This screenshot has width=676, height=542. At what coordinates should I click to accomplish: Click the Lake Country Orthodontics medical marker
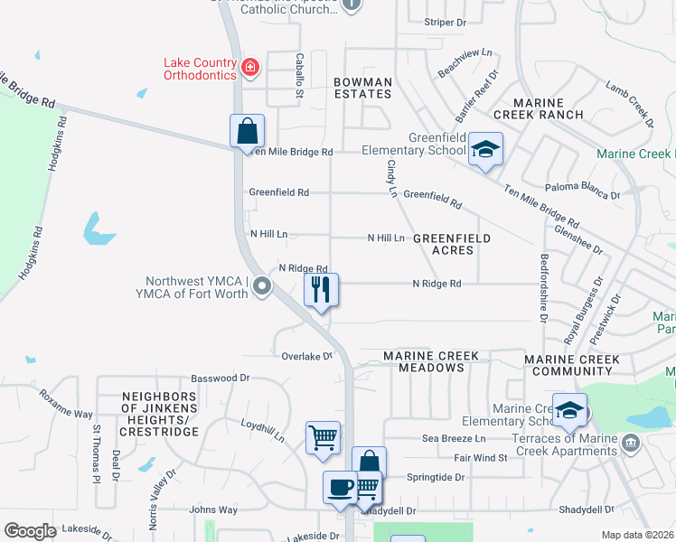coord(250,66)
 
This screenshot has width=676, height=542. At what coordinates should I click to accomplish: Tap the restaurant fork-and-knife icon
coord(321,290)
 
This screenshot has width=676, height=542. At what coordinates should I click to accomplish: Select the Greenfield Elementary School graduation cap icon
coord(485,150)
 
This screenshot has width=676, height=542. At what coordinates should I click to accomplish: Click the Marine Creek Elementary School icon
coord(569,412)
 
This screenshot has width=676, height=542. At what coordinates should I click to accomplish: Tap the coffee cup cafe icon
coord(340,487)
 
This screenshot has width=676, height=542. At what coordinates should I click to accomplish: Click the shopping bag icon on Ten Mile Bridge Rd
coord(247,131)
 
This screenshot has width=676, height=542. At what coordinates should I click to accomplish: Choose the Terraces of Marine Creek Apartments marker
coord(630,443)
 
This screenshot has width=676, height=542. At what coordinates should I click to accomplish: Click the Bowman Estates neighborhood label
coord(362,89)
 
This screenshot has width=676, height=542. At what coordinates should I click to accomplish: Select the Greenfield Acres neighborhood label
coord(452,244)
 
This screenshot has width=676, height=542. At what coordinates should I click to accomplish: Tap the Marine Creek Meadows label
coord(430,361)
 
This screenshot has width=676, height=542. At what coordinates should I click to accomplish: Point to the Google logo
coord(30,531)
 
